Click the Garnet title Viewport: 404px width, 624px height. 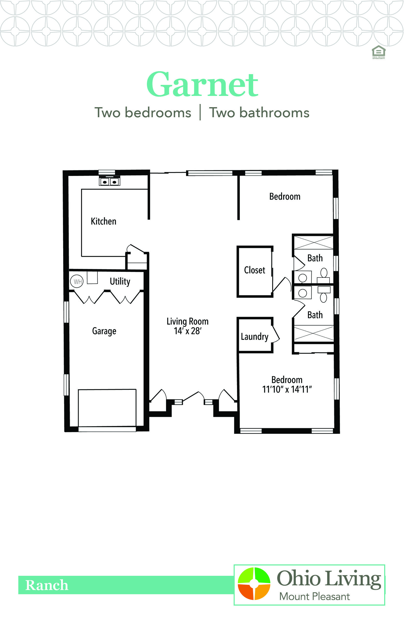[202, 85]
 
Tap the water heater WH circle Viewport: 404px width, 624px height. [77, 281]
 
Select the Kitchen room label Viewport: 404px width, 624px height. [103, 221]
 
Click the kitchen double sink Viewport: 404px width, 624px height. [109, 181]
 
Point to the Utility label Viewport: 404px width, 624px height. [120, 281]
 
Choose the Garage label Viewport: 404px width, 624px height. [104, 331]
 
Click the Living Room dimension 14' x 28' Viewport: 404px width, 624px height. [188, 331]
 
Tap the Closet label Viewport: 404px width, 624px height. [254, 270]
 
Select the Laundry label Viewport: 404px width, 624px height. [254, 336]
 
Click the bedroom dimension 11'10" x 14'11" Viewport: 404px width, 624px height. [287, 389]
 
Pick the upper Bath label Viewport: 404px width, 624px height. [315, 258]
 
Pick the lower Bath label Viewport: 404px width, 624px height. [315, 315]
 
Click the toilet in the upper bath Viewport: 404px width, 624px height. [324, 273]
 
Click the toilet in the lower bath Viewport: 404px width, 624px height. [323, 297]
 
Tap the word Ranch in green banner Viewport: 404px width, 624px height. [47, 585]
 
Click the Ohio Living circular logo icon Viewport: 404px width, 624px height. [254, 583]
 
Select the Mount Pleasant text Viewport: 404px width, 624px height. [314, 597]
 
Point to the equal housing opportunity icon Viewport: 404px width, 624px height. [378, 52]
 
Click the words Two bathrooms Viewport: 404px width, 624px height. [259, 113]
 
